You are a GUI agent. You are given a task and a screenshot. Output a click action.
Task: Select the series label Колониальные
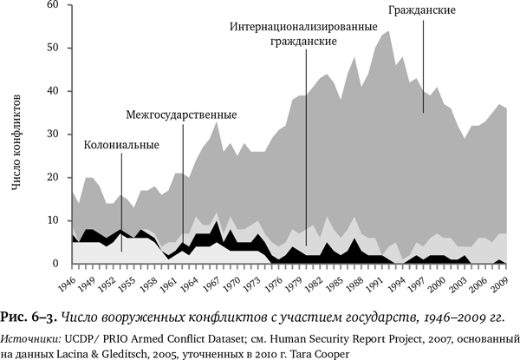[120, 145]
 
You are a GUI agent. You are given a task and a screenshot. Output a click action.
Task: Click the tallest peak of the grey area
[387, 32]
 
